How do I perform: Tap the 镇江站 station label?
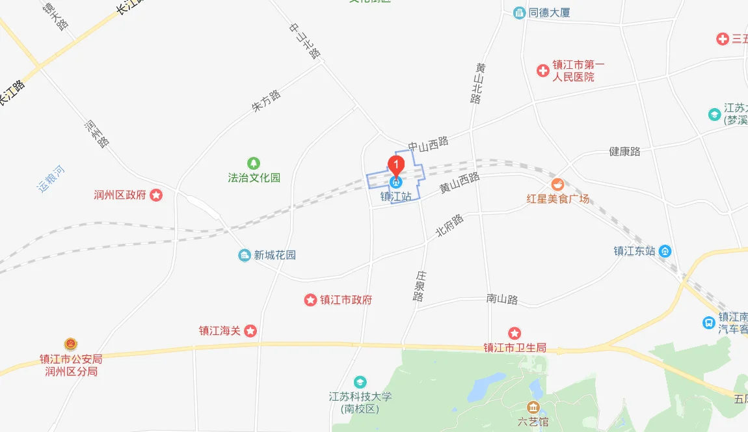(x=396, y=196)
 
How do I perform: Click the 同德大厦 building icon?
(x=519, y=12)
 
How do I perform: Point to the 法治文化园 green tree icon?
(x=254, y=163)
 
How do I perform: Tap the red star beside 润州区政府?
(x=156, y=195)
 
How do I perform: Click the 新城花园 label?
(x=274, y=255)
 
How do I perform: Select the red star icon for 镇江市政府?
(x=310, y=300)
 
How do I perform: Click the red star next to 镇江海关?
(x=250, y=331)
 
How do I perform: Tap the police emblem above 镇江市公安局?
(x=70, y=344)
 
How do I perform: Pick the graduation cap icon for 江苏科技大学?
(x=360, y=382)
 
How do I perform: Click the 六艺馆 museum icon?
(x=533, y=408)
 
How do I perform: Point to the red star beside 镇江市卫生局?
(x=514, y=333)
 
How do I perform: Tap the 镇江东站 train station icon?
(x=665, y=250)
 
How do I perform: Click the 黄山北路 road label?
(x=479, y=83)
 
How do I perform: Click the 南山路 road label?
(x=502, y=299)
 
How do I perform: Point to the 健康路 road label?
(x=624, y=151)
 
